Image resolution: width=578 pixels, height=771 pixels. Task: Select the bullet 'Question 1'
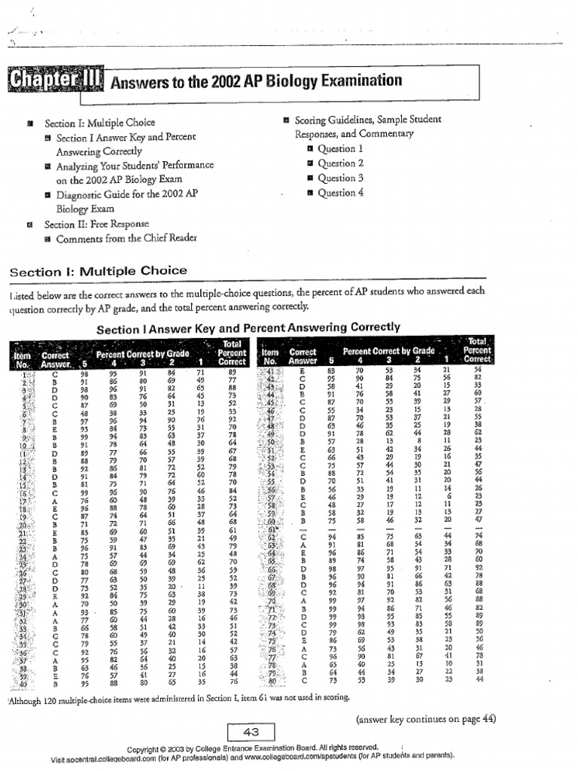click(340, 149)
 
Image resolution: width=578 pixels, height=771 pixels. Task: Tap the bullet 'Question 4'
click(340, 193)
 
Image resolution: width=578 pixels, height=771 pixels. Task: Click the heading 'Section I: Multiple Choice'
click(97, 271)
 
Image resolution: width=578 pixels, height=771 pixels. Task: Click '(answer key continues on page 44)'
click(425, 718)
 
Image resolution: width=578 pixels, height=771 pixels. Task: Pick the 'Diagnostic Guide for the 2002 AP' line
click(126, 194)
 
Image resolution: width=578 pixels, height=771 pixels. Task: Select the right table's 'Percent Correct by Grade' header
click(388, 351)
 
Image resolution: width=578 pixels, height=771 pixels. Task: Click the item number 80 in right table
click(274, 681)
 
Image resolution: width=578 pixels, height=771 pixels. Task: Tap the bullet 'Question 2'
click(340, 163)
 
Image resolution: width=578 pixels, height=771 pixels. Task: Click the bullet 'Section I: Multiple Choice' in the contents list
click(99, 123)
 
